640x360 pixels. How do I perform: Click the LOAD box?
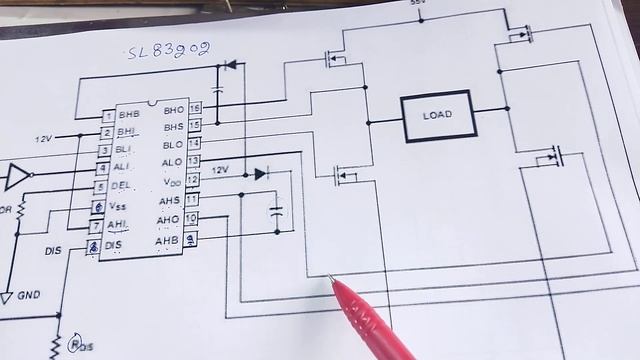coord(437,116)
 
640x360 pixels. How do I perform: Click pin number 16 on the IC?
coord(194,108)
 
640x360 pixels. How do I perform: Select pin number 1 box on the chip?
coord(107,116)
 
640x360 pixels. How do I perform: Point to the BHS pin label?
coord(172,126)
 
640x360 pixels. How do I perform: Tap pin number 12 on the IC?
coord(193,180)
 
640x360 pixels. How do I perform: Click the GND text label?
coord(29,296)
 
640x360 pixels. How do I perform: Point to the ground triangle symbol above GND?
coord(7,297)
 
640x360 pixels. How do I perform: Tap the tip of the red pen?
coord(331,279)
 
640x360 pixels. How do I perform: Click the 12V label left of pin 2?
coord(45,137)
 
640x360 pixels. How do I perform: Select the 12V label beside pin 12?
coord(220,170)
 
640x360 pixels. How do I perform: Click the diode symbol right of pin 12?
coord(260,173)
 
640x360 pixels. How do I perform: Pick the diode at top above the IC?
coord(229,65)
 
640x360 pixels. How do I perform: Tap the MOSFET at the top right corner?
coord(517,35)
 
